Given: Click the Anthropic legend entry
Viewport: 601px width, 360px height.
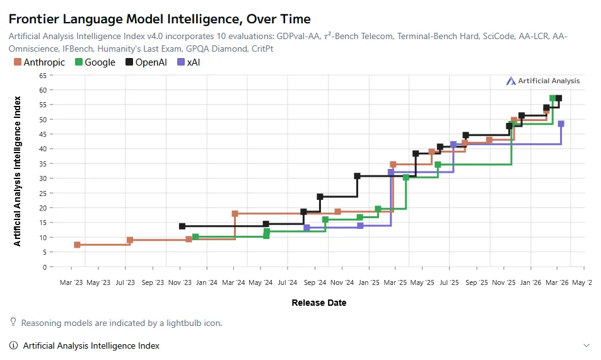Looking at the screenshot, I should [x=39, y=62].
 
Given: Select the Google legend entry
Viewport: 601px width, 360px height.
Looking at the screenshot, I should [x=95, y=62].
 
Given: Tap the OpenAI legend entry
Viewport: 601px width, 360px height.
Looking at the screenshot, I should [x=147, y=62].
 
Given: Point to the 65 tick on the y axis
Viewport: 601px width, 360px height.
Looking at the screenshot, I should [x=43, y=75].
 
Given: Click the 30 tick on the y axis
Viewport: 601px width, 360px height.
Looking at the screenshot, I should [x=43, y=178].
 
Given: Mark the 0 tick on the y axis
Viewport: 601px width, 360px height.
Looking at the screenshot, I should [x=44, y=267].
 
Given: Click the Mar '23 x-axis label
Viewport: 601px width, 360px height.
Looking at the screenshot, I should [x=71, y=282].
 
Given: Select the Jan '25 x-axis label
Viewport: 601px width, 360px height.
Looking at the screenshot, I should [x=369, y=282].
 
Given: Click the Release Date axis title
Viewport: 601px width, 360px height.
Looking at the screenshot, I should [x=318, y=303].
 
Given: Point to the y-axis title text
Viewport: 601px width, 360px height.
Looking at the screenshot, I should [x=17, y=171].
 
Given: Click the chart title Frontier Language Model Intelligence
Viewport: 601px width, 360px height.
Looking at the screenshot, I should [x=160, y=20].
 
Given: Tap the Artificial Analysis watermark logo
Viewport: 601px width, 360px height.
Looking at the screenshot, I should [x=543, y=81].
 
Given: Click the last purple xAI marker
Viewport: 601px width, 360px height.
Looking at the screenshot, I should [x=561, y=124].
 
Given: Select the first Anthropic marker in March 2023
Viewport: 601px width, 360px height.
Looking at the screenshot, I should [x=77, y=245].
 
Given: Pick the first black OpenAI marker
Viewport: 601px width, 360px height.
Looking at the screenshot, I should [x=182, y=226].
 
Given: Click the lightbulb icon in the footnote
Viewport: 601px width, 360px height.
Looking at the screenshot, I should [x=13, y=322].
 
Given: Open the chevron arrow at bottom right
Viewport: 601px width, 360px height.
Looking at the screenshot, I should [x=586, y=345].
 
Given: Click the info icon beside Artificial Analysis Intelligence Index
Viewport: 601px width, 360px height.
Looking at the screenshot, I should [x=13, y=345].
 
